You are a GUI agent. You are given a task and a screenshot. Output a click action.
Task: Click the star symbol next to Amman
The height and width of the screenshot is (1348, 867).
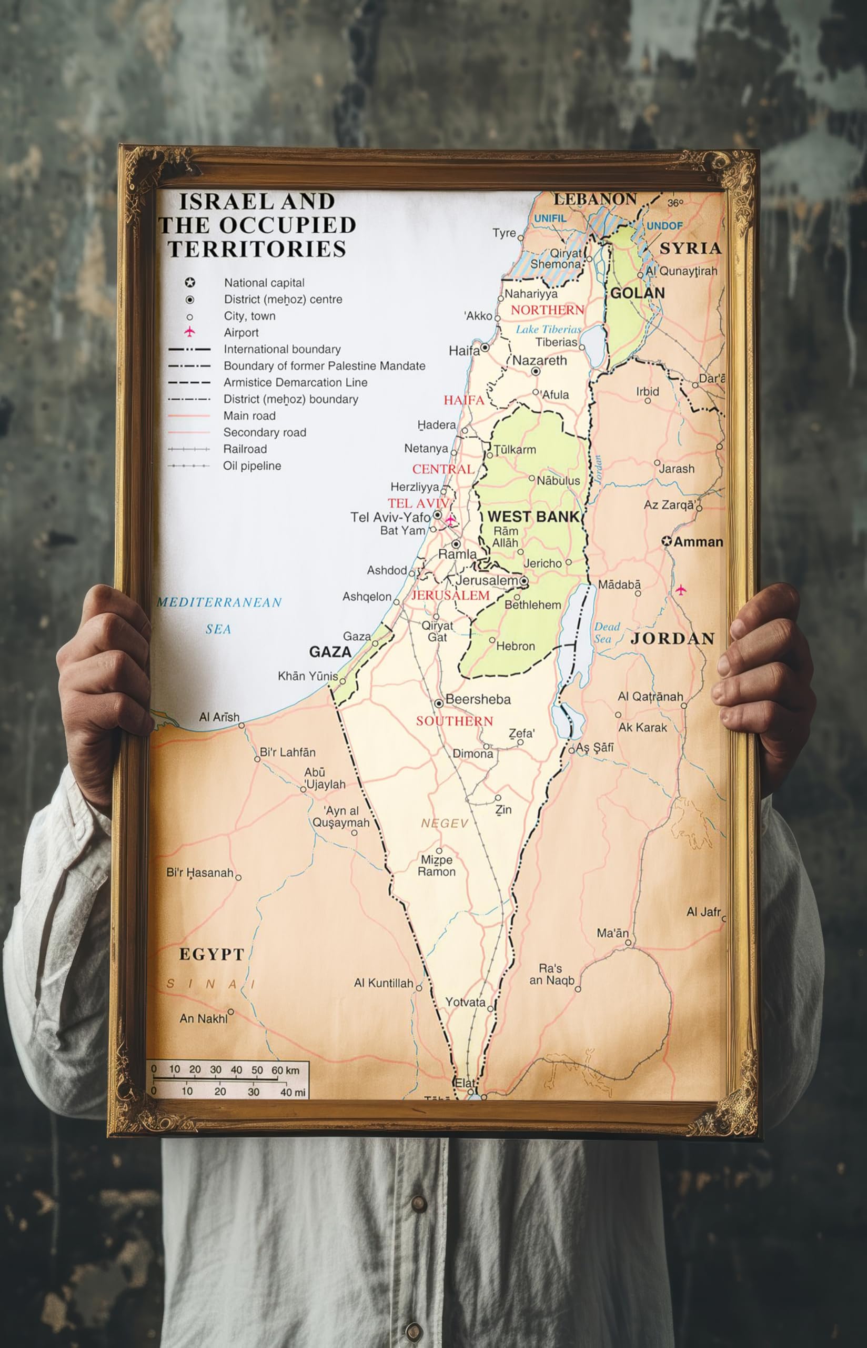click(667, 541)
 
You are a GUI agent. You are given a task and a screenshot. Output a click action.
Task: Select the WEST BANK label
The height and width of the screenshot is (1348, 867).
click(532, 517)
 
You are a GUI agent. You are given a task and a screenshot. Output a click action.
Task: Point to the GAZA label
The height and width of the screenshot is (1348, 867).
click(330, 652)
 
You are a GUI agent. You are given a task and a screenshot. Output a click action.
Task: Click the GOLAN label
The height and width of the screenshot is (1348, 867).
click(637, 293)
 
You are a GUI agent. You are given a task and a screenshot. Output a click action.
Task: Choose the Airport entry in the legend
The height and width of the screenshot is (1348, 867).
click(241, 332)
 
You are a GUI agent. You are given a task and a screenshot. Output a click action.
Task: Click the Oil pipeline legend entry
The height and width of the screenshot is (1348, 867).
click(251, 466)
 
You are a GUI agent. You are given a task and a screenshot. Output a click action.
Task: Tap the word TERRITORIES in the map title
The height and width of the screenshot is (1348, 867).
click(257, 249)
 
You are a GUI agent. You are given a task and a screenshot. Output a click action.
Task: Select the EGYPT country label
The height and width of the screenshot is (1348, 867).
click(211, 954)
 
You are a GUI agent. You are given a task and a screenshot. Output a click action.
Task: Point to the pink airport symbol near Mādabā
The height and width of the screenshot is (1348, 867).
click(681, 590)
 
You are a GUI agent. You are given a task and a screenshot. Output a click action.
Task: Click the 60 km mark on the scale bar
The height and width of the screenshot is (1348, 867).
click(285, 1070)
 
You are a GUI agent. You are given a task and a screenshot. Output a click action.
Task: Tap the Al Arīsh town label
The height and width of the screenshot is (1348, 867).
click(219, 717)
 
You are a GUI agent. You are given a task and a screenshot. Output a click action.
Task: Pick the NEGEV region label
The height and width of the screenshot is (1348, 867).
click(445, 824)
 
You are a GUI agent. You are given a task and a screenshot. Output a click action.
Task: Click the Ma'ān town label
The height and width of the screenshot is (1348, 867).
click(612, 934)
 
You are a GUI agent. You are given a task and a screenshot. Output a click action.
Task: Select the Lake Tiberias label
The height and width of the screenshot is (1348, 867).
click(548, 330)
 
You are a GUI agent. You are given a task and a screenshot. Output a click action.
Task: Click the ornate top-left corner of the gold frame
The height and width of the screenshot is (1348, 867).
click(141, 169)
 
